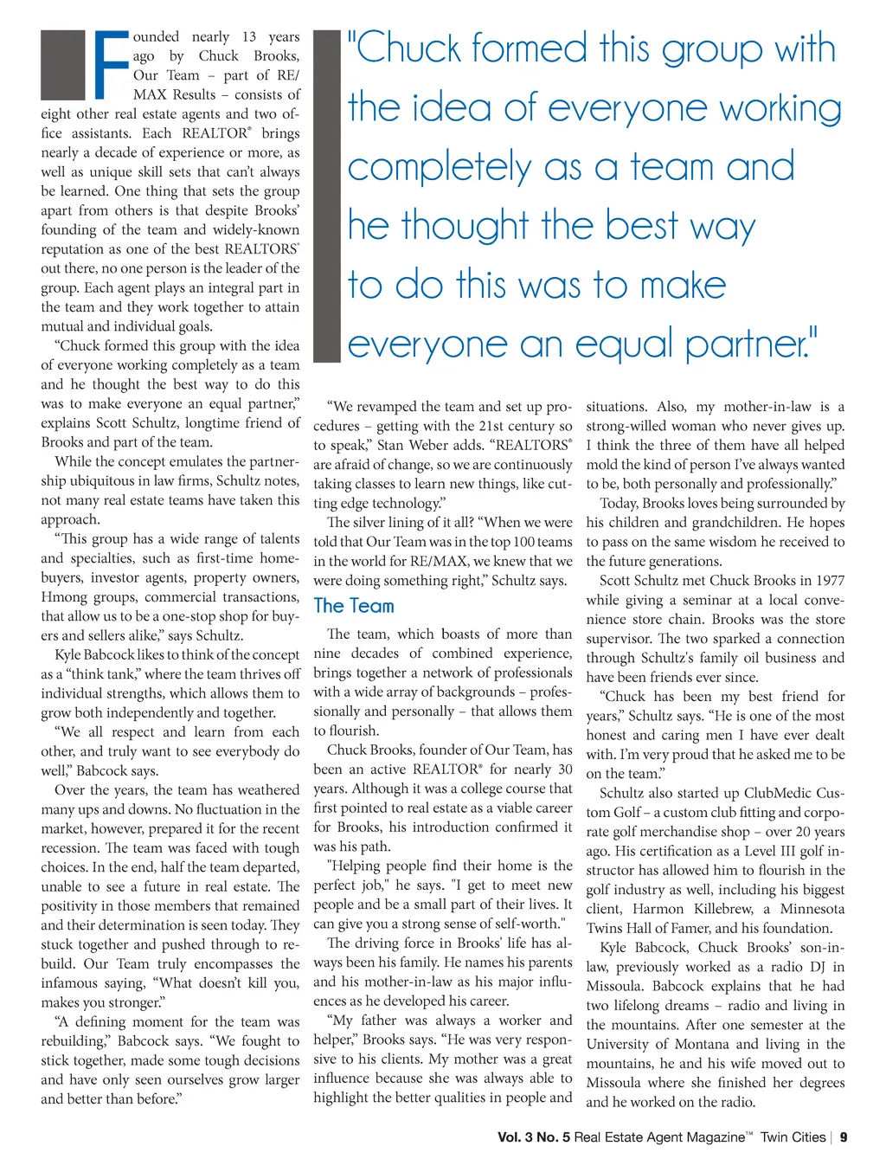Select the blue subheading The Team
(x=353, y=606)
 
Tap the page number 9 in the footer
(x=844, y=1137)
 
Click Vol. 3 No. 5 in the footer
(x=533, y=1137)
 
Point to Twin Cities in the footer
(x=793, y=1137)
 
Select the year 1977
(x=827, y=581)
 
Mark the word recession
(x=70, y=848)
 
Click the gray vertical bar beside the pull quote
(x=327, y=196)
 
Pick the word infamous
(x=74, y=983)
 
